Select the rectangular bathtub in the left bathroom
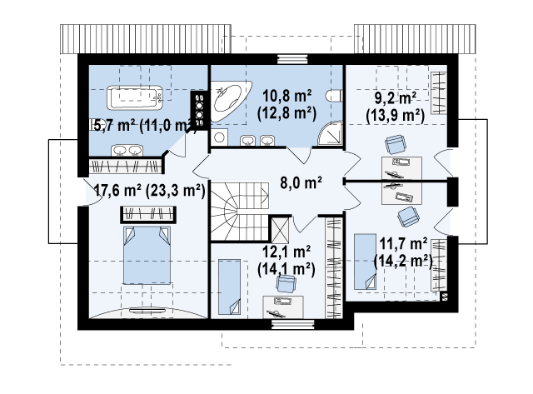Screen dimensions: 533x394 point(135,97)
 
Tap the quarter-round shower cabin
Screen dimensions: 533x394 point(330,133)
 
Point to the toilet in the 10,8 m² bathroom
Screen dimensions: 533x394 point(334,96)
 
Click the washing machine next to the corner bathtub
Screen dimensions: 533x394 point(219,137)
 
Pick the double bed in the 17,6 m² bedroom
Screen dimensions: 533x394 point(147,255)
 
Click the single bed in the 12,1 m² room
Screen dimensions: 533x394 point(229,287)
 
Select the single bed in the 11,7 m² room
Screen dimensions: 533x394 point(365,262)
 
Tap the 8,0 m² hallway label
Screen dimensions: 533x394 point(301,182)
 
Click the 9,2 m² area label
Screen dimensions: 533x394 point(396,98)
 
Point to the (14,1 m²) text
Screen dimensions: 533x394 point(286,269)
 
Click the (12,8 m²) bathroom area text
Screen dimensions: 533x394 point(286,113)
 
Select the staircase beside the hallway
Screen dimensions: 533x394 point(240,212)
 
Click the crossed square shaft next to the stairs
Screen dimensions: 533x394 point(281,230)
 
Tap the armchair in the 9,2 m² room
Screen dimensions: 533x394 point(396,144)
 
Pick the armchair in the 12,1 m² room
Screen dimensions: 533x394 point(286,284)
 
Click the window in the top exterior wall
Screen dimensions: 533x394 point(292,59)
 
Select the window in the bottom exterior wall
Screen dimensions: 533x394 point(294,324)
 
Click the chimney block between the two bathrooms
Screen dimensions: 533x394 point(200,111)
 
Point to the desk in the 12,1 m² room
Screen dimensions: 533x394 point(283,307)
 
